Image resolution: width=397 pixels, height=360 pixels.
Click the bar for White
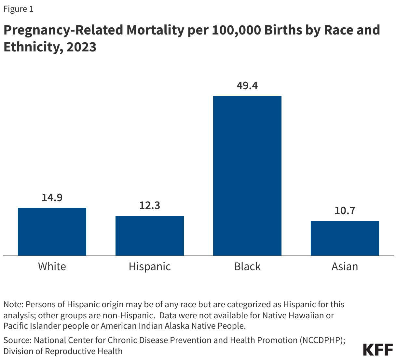coord(52,231)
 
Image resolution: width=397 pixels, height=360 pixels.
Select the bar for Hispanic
coord(150,236)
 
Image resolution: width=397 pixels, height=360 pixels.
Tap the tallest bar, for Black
coord(247,176)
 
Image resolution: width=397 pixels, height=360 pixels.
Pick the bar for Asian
coord(345,238)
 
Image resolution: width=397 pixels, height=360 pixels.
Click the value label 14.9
coord(52,198)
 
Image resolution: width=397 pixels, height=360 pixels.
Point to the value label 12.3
coord(150,206)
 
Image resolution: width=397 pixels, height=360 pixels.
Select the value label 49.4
coord(247,86)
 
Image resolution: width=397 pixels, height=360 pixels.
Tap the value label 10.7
coord(345,211)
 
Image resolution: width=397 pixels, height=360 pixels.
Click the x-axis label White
coord(52,267)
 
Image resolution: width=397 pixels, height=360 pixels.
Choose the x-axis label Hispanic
coord(150,267)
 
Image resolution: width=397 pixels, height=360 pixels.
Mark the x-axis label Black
coord(247,267)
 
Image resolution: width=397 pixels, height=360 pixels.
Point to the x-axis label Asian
coord(345,267)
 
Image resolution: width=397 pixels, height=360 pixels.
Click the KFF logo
coord(378,349)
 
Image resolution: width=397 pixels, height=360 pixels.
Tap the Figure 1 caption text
coord(18,9)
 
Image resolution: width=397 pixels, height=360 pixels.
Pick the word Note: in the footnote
coord(13,305)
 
